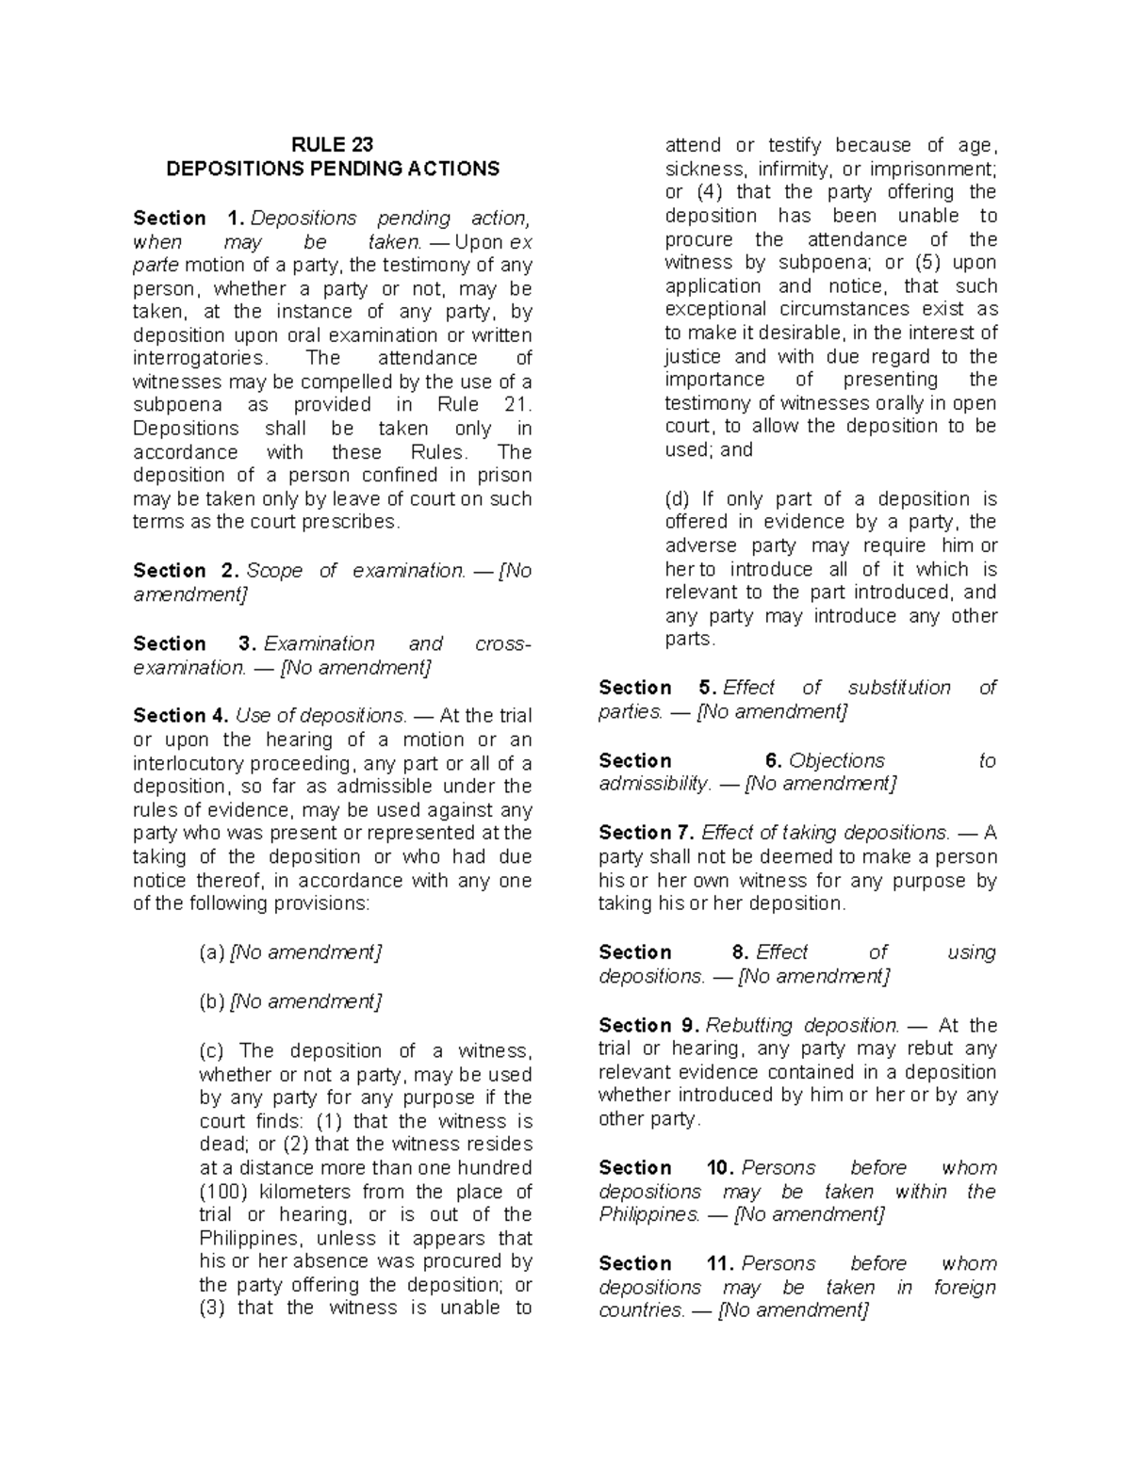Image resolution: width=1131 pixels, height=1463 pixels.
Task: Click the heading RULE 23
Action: (x=332, y=144)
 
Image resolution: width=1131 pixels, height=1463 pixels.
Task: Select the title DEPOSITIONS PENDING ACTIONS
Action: (x=332, y=169)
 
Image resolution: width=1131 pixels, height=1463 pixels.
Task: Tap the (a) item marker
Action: (x=211, y=952)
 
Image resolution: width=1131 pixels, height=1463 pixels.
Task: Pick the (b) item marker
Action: (x=211, y=1001)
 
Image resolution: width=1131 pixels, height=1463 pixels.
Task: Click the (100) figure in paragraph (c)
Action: (x=220, y=1192)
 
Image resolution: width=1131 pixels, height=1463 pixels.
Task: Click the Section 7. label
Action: (x=646, y=833)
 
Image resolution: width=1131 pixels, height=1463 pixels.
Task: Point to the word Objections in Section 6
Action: (x=837, y=760)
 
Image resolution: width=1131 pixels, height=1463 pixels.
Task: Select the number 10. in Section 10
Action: (x=720, y=1168)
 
